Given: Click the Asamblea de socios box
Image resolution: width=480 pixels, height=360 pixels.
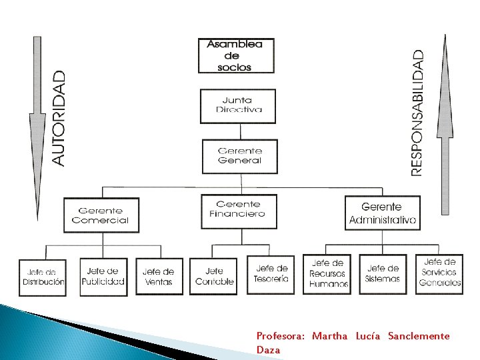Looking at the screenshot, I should pos(236,55).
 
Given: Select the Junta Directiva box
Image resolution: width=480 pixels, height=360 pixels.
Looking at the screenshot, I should pos(237,106).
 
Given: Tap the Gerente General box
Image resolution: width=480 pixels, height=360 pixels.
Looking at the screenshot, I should pos(239,156).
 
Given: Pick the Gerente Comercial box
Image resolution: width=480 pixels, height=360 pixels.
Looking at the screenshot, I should pos(101,215).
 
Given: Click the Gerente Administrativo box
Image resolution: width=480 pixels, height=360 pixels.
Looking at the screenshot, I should pos(382,213).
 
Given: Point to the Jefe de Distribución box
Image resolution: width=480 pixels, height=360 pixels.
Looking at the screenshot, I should pos(43,277).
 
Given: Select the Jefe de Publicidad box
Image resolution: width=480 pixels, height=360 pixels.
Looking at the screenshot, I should pos(103,276).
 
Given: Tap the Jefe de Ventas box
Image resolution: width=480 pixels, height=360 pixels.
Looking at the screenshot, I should pos(159,277).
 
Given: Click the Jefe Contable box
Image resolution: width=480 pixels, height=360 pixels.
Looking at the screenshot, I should pos(214,277).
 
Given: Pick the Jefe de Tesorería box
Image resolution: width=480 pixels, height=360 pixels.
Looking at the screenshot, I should pos(271,274).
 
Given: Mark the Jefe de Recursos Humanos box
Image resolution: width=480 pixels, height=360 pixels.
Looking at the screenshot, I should pos(329,273).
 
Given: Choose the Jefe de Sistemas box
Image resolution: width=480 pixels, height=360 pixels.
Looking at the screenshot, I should pos(383,274).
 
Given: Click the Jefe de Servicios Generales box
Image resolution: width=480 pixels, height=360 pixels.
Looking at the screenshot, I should pos(439,273).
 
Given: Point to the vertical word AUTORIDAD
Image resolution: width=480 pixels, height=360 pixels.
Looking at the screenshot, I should pos(59,119).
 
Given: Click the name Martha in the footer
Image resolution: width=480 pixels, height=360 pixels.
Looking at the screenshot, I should pos(329,336).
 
